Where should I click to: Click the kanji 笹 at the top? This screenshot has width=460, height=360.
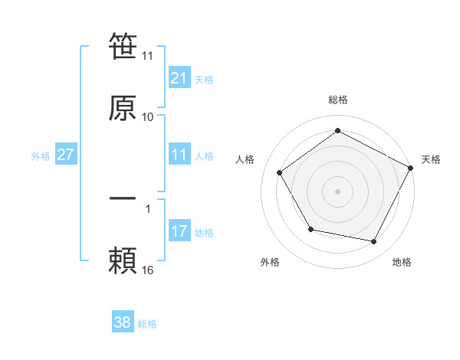coord(123,47)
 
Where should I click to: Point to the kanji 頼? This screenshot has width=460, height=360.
coord(123,261)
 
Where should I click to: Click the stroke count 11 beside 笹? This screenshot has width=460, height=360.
coord(148,56)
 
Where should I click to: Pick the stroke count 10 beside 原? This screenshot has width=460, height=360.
coord(148,117)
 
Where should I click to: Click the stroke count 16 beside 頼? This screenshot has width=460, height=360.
coord(148,270)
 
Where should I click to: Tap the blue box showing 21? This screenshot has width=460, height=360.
coord(179,78)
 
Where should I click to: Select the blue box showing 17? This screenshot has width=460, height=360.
coord(179,231)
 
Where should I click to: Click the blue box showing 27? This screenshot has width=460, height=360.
coord(66,155)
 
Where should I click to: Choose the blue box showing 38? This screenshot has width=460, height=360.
coord(123,323)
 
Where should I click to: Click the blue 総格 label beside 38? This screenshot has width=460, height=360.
coord(147,324)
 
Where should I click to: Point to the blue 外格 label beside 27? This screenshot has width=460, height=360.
coord(41,155)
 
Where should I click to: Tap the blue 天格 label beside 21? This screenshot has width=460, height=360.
coord(204,79)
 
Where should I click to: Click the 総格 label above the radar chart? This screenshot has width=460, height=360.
coord(338,100)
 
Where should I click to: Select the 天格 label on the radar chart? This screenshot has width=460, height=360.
coord(431,159)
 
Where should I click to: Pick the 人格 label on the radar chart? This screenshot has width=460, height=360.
coord(245,159)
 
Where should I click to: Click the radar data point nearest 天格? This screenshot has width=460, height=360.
coord(410,167)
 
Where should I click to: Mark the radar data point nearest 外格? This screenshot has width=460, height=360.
coord(310,229)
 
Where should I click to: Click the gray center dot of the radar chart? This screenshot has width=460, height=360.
coord(338,191)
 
